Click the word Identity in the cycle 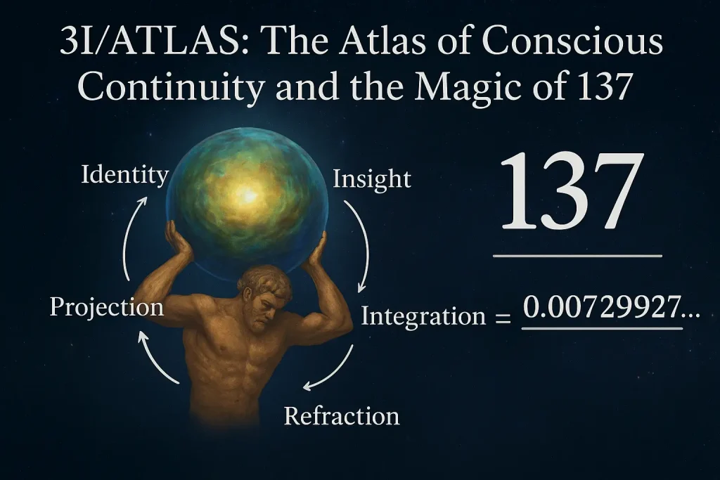125,174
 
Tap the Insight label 371,179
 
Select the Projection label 107,307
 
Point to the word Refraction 342,415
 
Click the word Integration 423,316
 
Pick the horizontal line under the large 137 577,257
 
